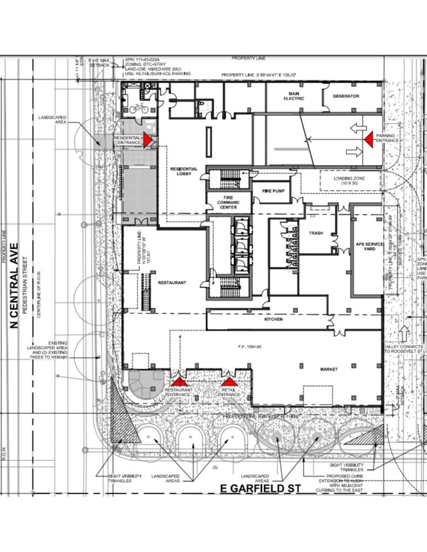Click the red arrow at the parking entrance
coord(369,140)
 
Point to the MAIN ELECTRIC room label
coord(294,96)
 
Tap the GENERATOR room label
coord(346,96)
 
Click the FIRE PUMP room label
coord(273,191)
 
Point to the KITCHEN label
coord(273,320)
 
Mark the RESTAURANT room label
coord(172,282)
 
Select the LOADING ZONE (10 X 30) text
coord(338,181)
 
